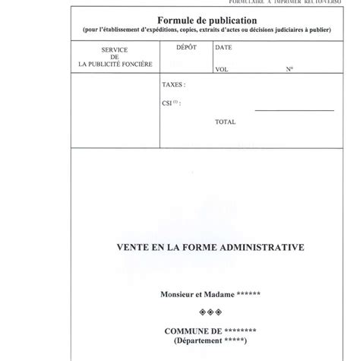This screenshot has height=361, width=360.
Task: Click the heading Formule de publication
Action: (x=207, y=21)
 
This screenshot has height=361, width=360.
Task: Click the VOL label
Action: (x=222, y=68)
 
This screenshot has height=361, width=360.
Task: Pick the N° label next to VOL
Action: (x=289, y=68)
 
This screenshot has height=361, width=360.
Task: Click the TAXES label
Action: (x=174, y=85)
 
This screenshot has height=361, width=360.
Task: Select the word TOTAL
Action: (x=226, y=122)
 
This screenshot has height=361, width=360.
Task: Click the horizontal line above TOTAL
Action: (x=294, y=111)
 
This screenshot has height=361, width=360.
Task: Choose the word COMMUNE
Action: (x=188, y=331)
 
